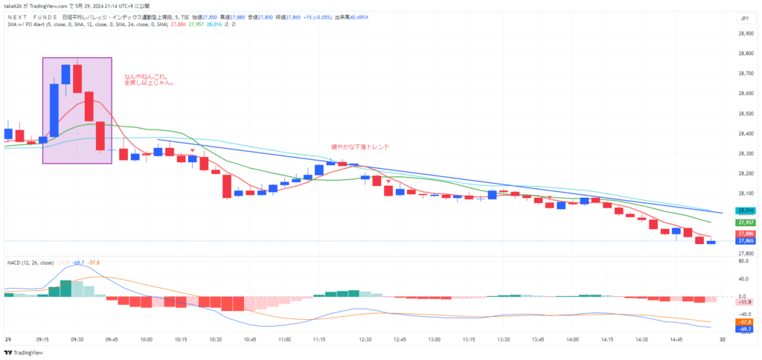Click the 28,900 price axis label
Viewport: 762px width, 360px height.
point(746,33)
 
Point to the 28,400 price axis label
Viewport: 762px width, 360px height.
point(746,134)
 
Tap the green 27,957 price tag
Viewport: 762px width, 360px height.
point(745,222)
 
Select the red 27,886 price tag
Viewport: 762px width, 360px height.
point(745,234)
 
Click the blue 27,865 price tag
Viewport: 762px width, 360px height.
point(745,241)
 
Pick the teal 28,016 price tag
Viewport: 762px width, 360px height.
point(745,211)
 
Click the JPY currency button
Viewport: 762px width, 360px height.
point(744,18)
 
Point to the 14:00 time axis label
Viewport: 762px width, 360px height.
point(571,339)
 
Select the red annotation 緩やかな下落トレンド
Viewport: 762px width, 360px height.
point(360,147)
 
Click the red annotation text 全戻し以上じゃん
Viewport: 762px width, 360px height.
point(149,83)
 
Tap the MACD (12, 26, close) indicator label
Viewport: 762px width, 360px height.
point(31,263)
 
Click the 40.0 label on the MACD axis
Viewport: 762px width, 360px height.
point(743,280)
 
